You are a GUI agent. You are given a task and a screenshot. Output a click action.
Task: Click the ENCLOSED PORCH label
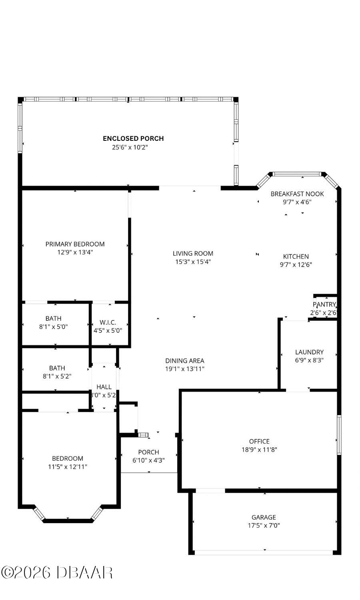(x=133, y=138)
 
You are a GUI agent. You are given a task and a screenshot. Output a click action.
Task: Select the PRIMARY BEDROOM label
(x=75, y=244)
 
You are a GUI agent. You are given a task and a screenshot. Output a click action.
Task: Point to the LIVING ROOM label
(x=193, y=253)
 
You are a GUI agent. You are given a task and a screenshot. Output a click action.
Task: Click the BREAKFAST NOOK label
(x=297, y=194)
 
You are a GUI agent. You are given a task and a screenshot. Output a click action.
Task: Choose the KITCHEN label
(x=296, y=256)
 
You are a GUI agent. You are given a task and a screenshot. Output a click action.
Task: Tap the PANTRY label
(x=324, y=304)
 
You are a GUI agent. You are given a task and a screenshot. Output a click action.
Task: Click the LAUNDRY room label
(x=309, y=352)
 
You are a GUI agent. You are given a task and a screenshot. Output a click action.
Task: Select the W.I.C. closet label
(x=108, y=322)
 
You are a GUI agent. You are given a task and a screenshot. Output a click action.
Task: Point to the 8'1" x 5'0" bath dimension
(x=53, y=326)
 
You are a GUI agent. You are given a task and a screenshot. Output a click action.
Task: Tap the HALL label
(x=104, y=387)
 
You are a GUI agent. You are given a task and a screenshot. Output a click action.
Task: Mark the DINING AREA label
(x=185, y=360)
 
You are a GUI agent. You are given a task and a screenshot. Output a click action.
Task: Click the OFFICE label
(x=259, y=441)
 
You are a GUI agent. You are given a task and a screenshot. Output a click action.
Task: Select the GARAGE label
(x=264, y=517)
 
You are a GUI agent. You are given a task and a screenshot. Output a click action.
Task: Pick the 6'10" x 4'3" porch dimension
(x=148, y=460)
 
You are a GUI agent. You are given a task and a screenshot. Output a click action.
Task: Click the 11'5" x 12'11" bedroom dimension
(x=68, y=466)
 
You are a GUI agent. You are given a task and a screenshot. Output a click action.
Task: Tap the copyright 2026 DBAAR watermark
(x=57, y=572)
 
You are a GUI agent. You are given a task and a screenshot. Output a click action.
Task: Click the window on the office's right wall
(x=339, y=435)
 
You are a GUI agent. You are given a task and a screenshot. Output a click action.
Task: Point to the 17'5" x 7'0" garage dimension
(x=264, y=526)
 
